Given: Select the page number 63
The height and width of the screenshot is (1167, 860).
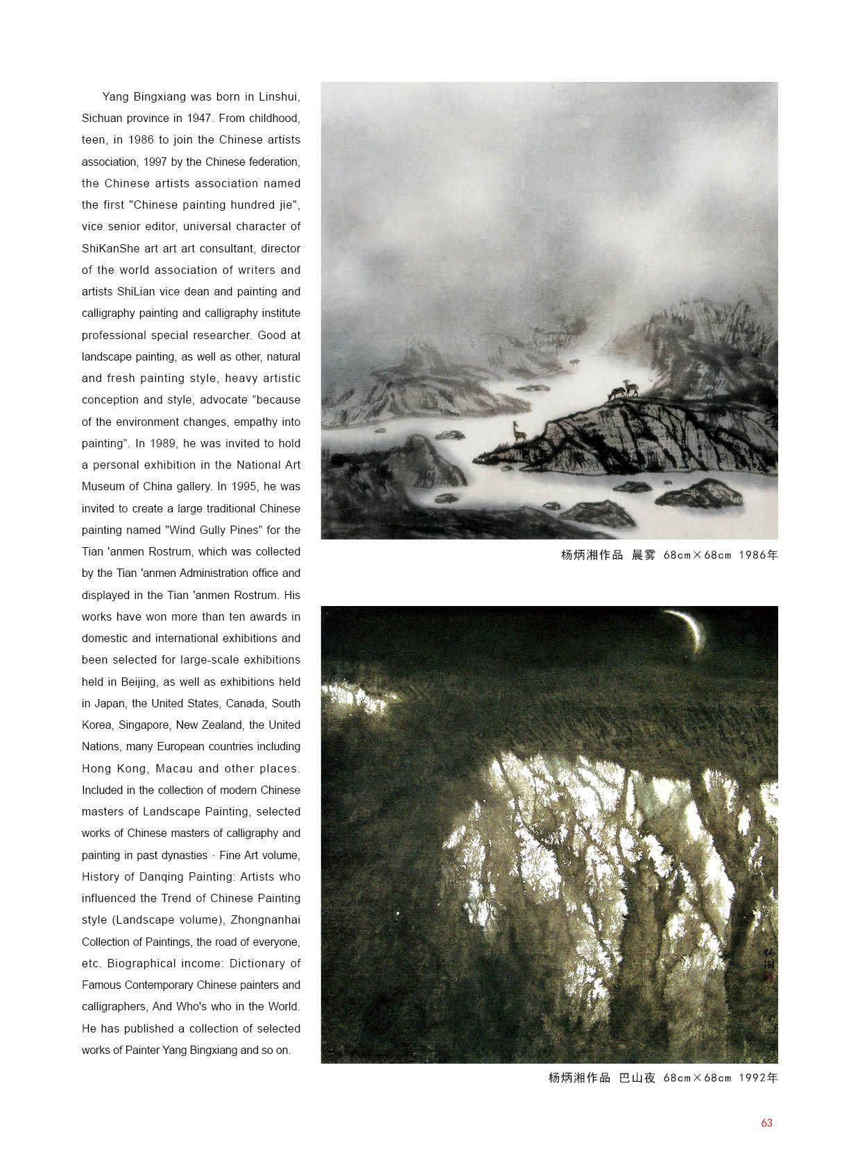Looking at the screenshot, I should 766,1123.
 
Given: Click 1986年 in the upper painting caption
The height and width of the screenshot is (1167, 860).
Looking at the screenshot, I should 758,555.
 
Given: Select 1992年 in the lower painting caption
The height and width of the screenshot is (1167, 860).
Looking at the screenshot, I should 758,1078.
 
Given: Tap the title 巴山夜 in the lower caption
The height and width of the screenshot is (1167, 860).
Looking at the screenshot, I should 637,1078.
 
